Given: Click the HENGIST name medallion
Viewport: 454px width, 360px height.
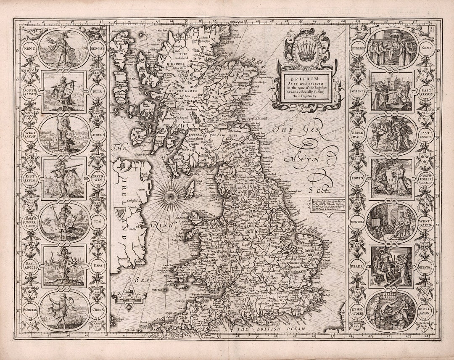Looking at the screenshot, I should (x=98, y=47).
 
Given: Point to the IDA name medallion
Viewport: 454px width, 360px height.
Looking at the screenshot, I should (x=98, y=221).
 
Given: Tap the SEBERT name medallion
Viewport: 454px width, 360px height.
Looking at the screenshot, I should (x=357, y=91).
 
